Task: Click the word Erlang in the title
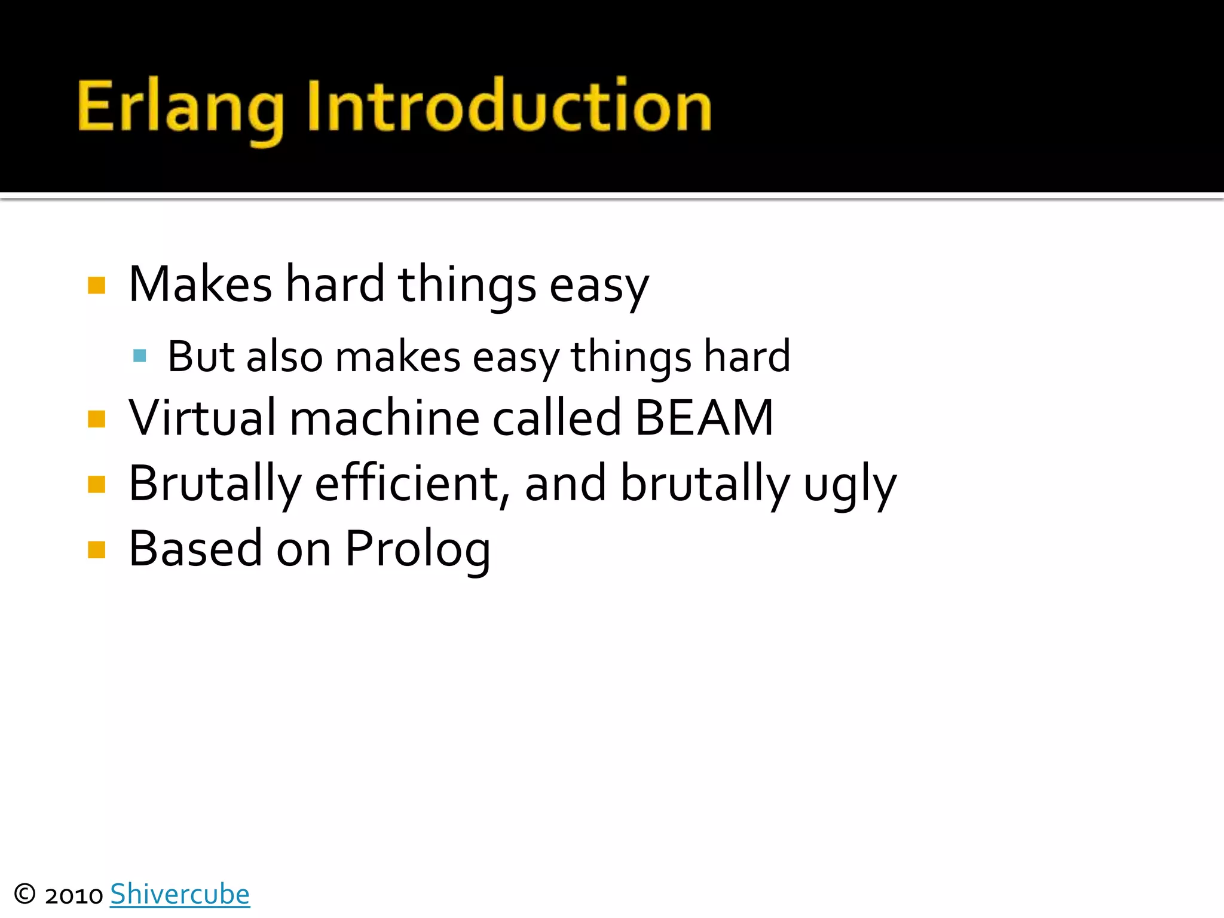[x=180, y=108]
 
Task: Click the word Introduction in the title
[x=509, y=106]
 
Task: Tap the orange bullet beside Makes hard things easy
[x=96, y=286]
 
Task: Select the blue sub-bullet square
[x=140, y=356]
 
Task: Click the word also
[x=284, y=357]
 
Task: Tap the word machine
[x=384, y=418]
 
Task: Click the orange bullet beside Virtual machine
[x=96, y=419]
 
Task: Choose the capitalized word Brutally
[x=215, y=484]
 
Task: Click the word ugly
[x=849, y=485]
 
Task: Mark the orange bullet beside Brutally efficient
[x=96, y=484]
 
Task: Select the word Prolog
[x=418, y=550]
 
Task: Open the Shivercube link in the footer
[x=180, y=895]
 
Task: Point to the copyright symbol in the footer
[x=25, y=895]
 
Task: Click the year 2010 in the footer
[x=74, y=896]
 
